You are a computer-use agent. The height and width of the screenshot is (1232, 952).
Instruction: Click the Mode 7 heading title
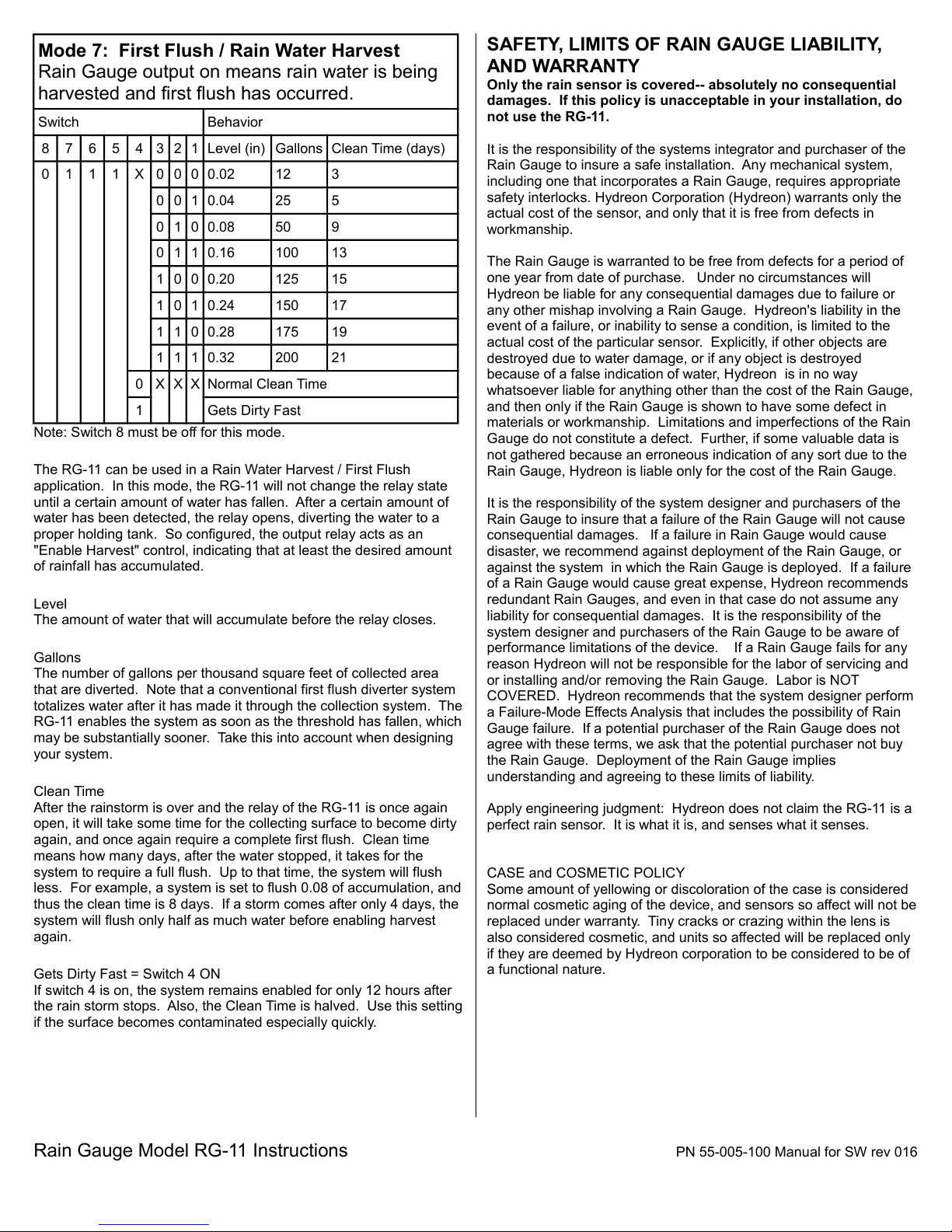click(x=218, y=51)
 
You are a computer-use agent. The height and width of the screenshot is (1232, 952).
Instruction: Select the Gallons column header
click(x=298, y=148)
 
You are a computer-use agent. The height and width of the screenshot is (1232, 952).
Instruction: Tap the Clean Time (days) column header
click(x=388, y=148)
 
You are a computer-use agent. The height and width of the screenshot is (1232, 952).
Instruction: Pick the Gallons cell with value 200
click(x=287, y=358)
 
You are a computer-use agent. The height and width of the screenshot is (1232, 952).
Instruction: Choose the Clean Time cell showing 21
click(x=339, y=358)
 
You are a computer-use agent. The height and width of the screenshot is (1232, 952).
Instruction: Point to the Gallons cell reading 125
click(x=287, y=279)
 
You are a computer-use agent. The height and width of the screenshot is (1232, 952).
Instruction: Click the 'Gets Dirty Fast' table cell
click(x=253, y=410)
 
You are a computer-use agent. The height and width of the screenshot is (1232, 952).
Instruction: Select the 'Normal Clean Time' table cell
click(x=267, y=384)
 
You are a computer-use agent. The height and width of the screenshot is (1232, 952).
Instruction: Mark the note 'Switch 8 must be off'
click(x=159, y=432)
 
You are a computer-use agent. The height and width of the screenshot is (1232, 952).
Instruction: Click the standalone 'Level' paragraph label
click(x=51, y=604)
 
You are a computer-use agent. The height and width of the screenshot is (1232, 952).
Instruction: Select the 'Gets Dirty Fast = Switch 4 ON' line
click(x=127, y=974)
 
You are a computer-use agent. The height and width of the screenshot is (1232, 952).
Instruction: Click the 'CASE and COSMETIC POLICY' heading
click(x=585, y=873)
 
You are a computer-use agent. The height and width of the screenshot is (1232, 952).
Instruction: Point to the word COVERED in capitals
click(x=521, y=696)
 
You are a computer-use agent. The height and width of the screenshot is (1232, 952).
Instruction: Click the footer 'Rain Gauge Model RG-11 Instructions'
click(x=190, y=1150)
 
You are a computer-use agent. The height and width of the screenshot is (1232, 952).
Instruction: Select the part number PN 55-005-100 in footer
click(x=724, y=1152)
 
